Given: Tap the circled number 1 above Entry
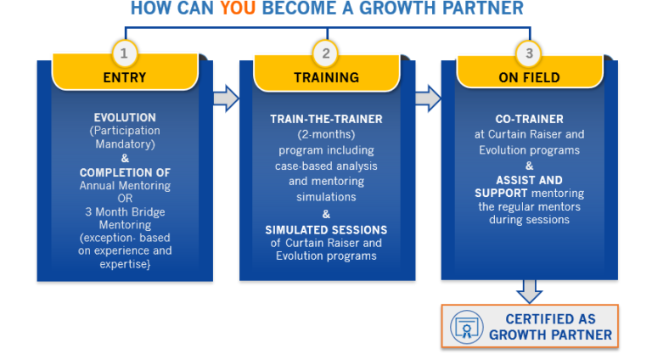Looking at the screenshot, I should pyautogui.click(x=125, y=53).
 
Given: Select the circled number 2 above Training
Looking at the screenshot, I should pyautogui.click(x=326, y=53).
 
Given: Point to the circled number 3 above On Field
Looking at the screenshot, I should pyautogui.click(x=529, y=53).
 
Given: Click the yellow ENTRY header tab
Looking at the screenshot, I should pyautogui.click(x=125, y=77).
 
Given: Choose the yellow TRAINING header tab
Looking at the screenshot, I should pyautogui.click(x=326, y=77).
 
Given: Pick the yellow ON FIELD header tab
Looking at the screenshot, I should pyautogui.click(x=529, y=77).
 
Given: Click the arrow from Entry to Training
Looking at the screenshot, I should pyautogui.click(x=225, y=98).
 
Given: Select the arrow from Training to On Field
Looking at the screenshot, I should pyautogui.click(x=427, y=98).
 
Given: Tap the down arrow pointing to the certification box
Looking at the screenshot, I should pyautogui.click(x=529, y=290).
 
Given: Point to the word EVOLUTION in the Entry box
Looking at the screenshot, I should pyautogui.click(x=125, y=118).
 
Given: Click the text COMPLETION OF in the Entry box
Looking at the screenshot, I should pyautogui.click(x=125, y=172).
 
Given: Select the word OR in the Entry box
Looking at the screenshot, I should pyautogui.click(x=125, y=199).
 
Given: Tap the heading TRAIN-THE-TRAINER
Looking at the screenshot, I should pyautogui.click(x=326, y=118).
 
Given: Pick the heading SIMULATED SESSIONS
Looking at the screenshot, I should pyautogui.click(x=326, y=229).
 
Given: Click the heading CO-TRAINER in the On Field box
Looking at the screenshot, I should pyautogui.click(x=529, y=120).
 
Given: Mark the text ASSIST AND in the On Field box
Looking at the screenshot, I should pyautogui.click(x=529, y=180).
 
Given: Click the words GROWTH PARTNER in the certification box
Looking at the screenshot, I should pyautogui.click(x=550, y=335).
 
